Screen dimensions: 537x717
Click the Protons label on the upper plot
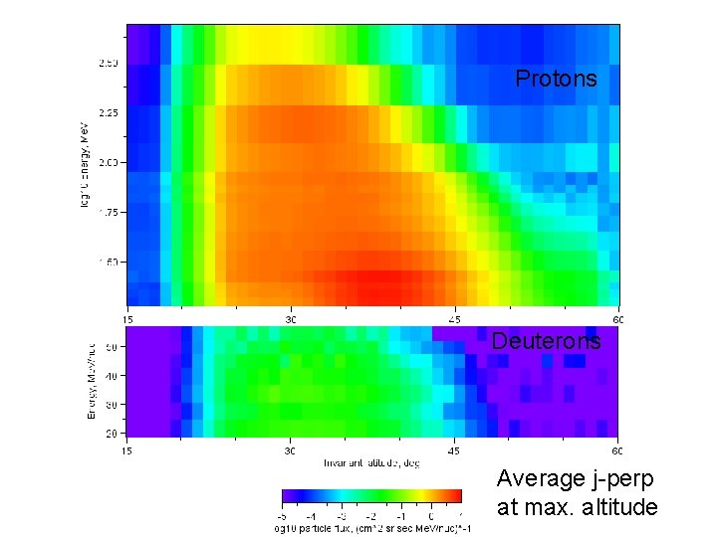(556, 79)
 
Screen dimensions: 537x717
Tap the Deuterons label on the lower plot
(546, 341)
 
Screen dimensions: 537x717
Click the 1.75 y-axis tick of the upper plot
(108, 213)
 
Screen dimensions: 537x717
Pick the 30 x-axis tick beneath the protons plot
(291, 320)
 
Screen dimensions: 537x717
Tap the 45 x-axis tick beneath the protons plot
(454, 320)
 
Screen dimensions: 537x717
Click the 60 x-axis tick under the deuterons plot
(617, 451)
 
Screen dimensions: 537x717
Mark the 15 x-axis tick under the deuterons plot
(128, 451)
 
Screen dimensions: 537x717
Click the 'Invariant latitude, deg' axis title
(372, 463)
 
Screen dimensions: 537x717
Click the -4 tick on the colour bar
(311, 515)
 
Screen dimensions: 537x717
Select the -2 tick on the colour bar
(370, 515)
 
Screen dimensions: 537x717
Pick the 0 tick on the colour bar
(431, 515)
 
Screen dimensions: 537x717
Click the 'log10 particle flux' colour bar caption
(371, 528)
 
